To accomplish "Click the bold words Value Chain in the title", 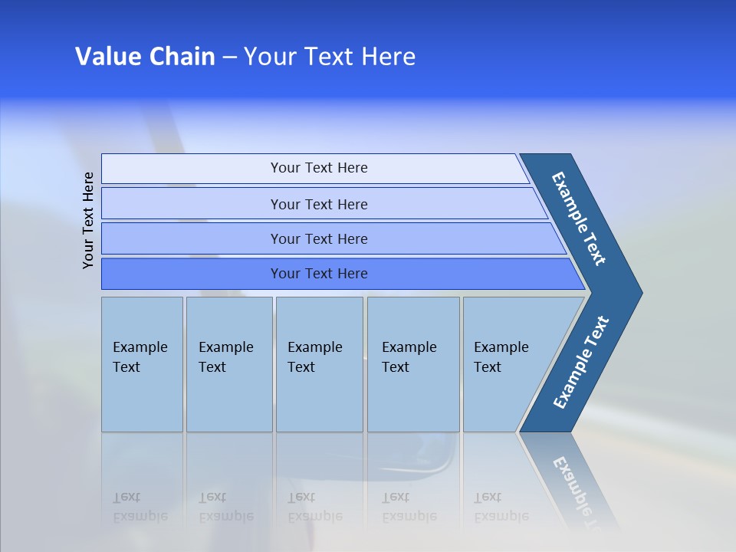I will tap(145, 57).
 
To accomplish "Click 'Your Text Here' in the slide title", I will tap(330, 57).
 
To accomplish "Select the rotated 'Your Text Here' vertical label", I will tap(88, 220).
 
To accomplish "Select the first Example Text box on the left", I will tap(142, 364).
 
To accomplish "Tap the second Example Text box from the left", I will tap(228, 364).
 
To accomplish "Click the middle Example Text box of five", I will tap(319, 364).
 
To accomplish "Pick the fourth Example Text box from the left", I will tap(413, 364).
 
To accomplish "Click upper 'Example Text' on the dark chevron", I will tap(579, 219).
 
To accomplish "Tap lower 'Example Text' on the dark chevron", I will tap(581, 362).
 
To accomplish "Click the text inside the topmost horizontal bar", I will tap(319, 168).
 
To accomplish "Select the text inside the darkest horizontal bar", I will tap(319, 274).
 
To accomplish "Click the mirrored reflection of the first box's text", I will tap(140, 507).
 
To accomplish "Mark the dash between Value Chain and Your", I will tap(229, 58).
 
